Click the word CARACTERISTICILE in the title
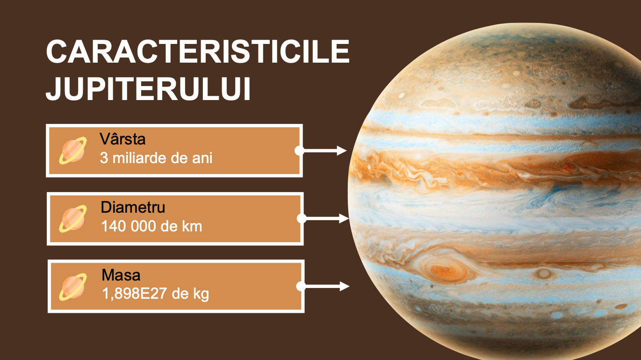click(x=198, y=51)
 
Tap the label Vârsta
click(x=122, y=139)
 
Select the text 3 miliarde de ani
click(x=156, y=158)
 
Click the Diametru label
click(x=133, y=207)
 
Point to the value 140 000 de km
click(x=151, y=226)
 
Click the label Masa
click(x=121, y=275)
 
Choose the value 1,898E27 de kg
click(x=155, y=294)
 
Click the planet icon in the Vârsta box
click(x=73, y=151)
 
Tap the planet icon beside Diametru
click(x=73, y=219)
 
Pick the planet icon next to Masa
click(x=73, y=287)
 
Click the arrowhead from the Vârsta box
click(x=342, y=151)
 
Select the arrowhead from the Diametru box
click(x=344, y=218)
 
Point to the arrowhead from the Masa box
click(x=345, y=286)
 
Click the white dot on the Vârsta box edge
click(x=299, y=151)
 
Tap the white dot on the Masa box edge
click(x=301, y=286)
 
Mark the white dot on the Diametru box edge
click(x=302, y=218)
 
